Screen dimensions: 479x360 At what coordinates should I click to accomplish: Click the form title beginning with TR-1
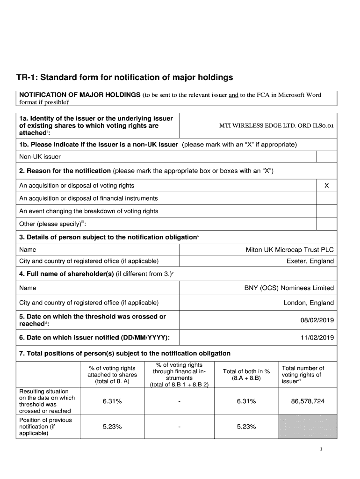[x=125, y=77]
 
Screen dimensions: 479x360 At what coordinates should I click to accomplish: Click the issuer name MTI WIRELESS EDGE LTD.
[x=276, y=126]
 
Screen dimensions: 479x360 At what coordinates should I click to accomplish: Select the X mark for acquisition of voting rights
[x=326, y=186]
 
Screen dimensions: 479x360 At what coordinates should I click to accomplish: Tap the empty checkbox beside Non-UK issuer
[x=326, y=157]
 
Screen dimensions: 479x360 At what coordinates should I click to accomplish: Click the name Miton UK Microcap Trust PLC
[x=289, y=250]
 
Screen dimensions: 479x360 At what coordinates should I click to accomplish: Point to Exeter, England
[x=310, y=261]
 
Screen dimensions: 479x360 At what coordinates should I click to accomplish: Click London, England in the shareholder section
[x=309, y=303]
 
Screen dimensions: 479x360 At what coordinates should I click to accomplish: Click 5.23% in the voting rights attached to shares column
[x=112, y=427]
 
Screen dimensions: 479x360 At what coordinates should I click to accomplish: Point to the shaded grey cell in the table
[x=307, y=427]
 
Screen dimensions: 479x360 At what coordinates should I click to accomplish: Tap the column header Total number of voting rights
[x=303, y=375]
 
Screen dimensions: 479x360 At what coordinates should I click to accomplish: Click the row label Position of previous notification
[x=45, y=427]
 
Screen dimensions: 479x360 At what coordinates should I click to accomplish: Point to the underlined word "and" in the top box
[x=233, y=95]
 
